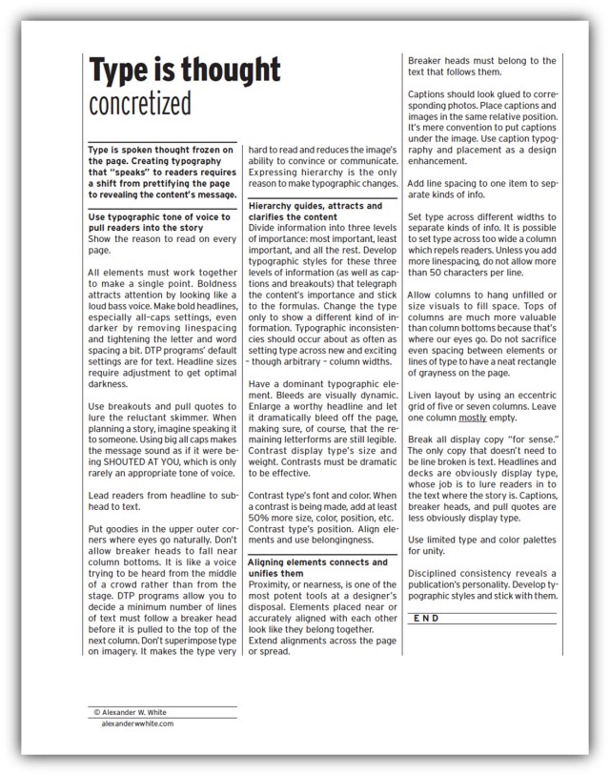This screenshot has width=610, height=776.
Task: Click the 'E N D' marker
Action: click(x=428, y=619)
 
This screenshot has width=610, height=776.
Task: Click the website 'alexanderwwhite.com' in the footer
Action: click(x=137, y=724)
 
